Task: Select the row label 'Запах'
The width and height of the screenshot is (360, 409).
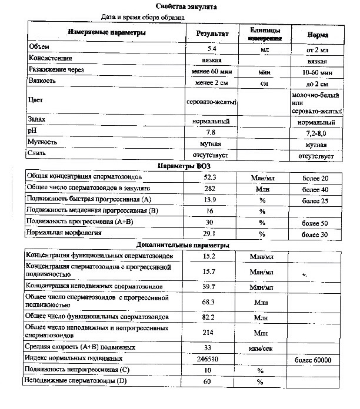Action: click(x=37, y=121)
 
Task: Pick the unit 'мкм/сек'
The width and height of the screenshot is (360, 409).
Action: click(x=259, y=347)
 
